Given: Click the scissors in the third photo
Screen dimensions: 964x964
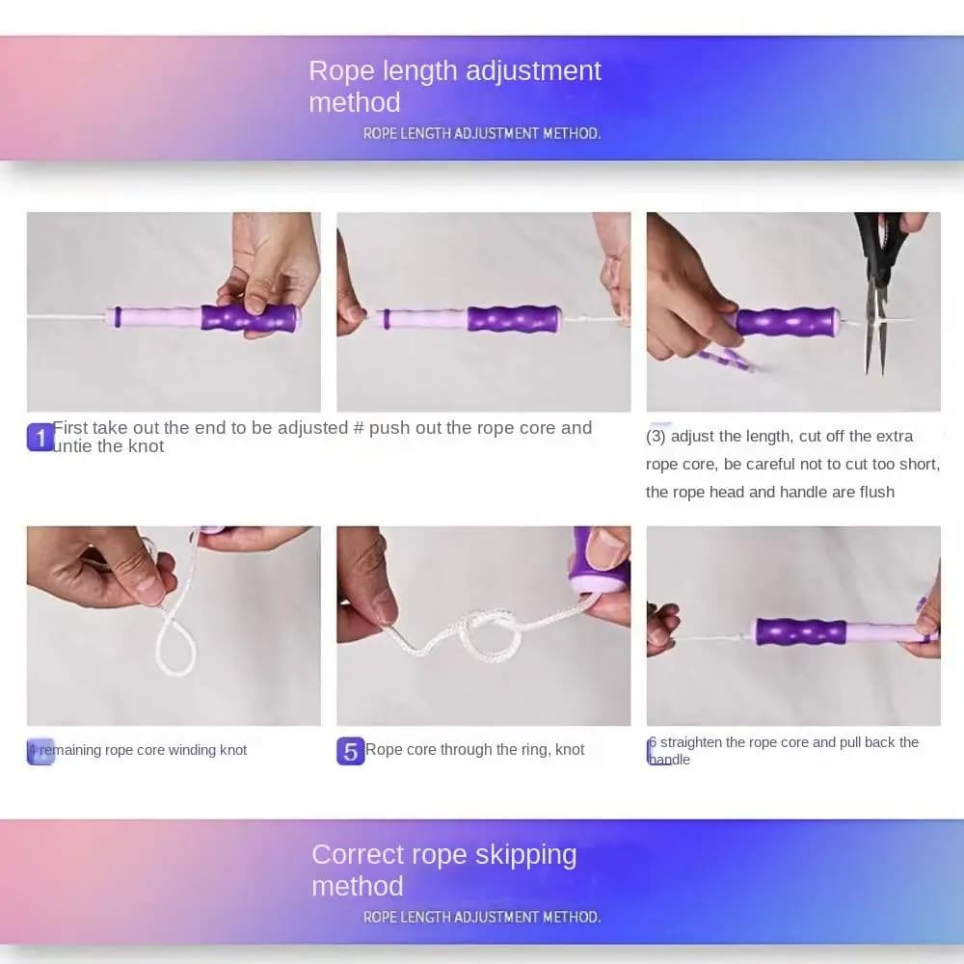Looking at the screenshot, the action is pos(878,289).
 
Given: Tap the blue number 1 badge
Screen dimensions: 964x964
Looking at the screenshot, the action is pos(40,437).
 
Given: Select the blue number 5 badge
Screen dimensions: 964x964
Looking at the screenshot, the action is pos(351,751).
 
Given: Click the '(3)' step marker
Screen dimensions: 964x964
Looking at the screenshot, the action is pos(656,436).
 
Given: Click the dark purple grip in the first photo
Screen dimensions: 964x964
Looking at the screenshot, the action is pos(250,318).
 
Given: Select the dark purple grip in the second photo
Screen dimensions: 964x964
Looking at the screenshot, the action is pos(514,318).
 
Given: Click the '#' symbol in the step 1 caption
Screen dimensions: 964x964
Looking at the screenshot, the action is pos(359,428).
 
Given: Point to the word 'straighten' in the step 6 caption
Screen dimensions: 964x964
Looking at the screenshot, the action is pos(690,742).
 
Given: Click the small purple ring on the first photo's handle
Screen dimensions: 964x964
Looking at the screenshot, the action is pos(118,316).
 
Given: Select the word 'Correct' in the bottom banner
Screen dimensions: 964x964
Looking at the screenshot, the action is pos(359,855).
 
